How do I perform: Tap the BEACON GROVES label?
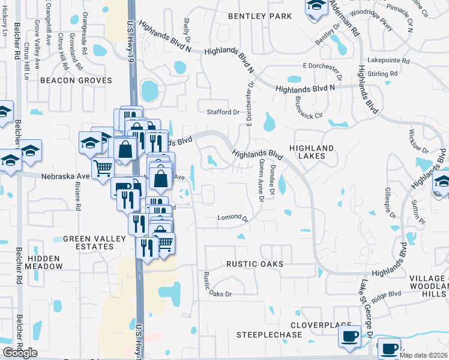pyautogui.click(x=76, y=80)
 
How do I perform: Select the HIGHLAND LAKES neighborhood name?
pyautogui.click(x=312, y=152)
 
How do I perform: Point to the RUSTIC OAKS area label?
pyautogui.click(x=255, y=264)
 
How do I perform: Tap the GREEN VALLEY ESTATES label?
pyautogui.click(x=95, y=243)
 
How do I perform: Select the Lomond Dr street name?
pyautogui.click(x=232, y=217)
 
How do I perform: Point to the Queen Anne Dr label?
pyautogui.click(x=261, y=181)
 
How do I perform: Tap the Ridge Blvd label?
pyautogui.click(x=386, y=295)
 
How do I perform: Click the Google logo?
pyautogui.click(x=20, y=353)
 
